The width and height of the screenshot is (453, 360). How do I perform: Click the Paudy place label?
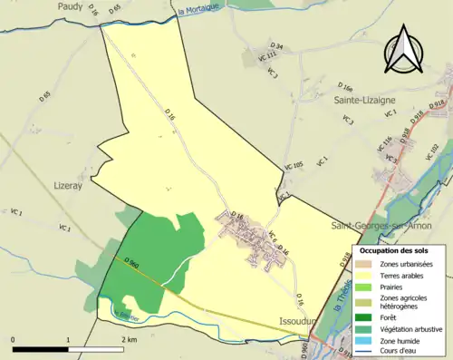tap(69, 6)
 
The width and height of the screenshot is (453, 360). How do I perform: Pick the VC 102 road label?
tap(432, 149)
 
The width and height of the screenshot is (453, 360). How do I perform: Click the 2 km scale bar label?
tap(130, 338)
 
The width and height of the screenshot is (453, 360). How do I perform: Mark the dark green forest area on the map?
tap(163, 249)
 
